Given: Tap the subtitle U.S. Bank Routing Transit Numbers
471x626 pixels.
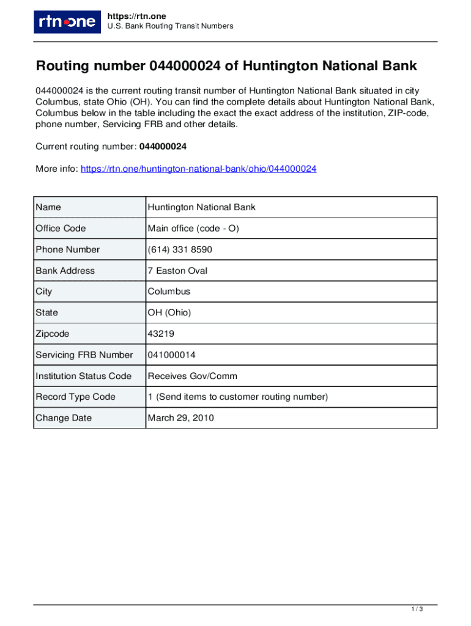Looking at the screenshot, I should pyautogui.click(x=170, y=26).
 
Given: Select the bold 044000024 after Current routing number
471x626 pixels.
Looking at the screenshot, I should pyautogui.click(x=163, y=147).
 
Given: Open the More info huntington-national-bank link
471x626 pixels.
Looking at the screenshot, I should pyautogui.click(x=198, y=169).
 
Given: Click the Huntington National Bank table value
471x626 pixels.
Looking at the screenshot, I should pyautogui.click(x=201, y=207).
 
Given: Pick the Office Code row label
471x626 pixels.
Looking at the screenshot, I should pyautogui.click(x=61, y=229).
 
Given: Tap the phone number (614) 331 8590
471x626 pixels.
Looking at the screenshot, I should pyautogui.click(x=180, y=249).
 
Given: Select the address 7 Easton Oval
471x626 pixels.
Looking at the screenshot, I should pyautogui.click(x=177, y=271).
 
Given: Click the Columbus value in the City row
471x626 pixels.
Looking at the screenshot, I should pyautogui.click(x=169, y=292).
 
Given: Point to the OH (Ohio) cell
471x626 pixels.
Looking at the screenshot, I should pyautogui.click(x=169, y=313).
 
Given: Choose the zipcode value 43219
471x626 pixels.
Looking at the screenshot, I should pyautogui.click(x=160, y=334).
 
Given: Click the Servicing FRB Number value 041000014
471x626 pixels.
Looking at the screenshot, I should pyautogui.click(x=171, y=355).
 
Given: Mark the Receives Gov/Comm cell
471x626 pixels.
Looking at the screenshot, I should pyautogui.click(x=192, y=376).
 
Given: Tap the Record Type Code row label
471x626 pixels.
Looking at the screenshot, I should pyautogui.click(x=75, y=397).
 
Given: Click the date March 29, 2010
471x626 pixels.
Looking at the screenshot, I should pyautogui.click(x=180, y=418).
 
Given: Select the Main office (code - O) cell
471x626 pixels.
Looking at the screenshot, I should pyautogui.click(x=193, y=229).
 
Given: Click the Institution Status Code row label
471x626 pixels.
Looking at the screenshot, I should pyautogui.click(x=83, y=376).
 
